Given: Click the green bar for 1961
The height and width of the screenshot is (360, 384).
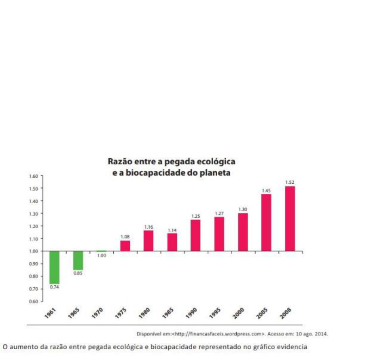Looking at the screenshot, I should [54, 267].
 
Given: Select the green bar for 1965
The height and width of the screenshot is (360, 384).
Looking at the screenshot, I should [78, 260].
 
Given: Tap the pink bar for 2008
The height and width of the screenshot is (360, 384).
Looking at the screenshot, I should [290, 218].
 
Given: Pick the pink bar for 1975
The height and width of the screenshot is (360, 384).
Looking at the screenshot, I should [125, 246].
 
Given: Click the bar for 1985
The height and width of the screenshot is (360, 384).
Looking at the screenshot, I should [172, 242].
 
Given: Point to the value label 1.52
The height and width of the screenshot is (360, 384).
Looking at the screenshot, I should [289, 182].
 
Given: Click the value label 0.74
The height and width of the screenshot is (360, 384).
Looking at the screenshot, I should [54, 287].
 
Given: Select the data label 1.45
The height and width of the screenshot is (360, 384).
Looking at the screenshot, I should [266, 191].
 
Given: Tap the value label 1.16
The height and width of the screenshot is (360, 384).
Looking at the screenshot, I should [149, 227].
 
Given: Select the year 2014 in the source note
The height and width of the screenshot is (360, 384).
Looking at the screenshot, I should [322, 334].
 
